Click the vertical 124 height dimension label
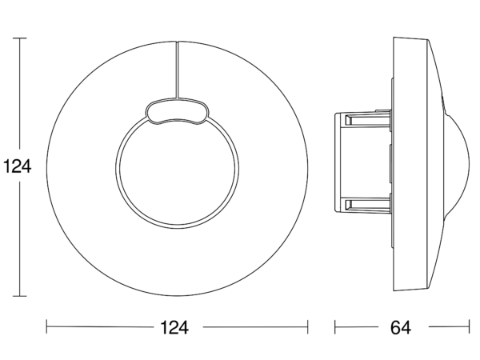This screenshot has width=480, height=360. click(x=17, y=167)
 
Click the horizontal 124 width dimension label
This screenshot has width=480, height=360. click(x=174, y=327)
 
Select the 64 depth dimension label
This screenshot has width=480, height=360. click(x=401, y=327)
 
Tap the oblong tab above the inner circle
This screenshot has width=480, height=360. click(x=177, y=111)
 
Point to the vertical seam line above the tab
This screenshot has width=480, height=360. click(x=177, y=70)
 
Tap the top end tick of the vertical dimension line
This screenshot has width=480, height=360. click(x=20, y=38)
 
